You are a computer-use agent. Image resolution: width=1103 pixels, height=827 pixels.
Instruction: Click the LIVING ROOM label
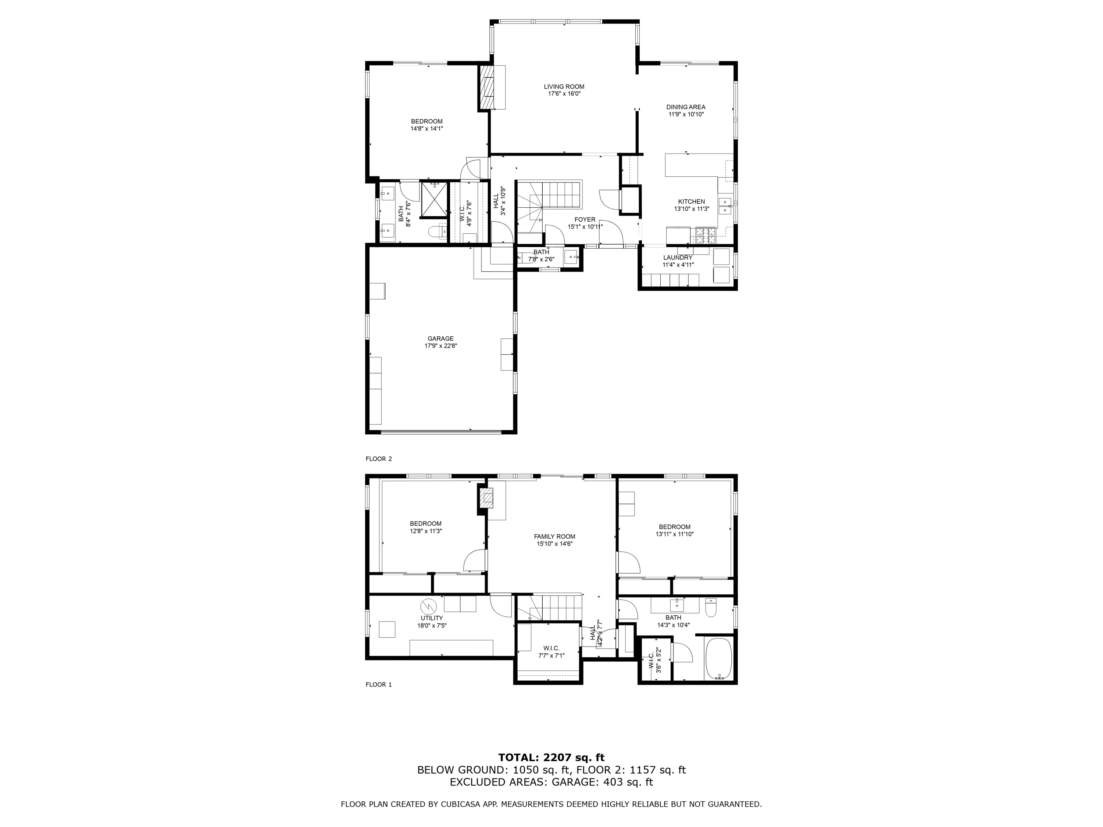(564, 87)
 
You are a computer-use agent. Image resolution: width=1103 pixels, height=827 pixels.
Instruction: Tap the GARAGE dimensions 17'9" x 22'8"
(440, 346)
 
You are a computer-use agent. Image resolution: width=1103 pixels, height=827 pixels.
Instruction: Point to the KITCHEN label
(691, 202)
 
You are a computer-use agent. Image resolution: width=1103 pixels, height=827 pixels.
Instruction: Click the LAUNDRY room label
(678, 258)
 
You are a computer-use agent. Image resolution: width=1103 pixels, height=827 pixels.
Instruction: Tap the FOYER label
(585, 219)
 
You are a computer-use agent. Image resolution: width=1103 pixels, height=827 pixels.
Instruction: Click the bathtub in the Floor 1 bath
(718, 659)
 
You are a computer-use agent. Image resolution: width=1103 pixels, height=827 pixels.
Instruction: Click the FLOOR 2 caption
(378, 459)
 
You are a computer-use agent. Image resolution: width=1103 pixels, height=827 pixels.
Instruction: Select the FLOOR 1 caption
(378, 684)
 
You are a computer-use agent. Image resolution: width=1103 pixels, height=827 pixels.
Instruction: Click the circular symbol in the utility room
(428, 606)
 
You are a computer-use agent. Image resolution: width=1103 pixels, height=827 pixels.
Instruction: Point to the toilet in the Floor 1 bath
(711, 608)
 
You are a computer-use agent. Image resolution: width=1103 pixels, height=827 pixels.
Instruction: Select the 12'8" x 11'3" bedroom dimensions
(425, 531)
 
